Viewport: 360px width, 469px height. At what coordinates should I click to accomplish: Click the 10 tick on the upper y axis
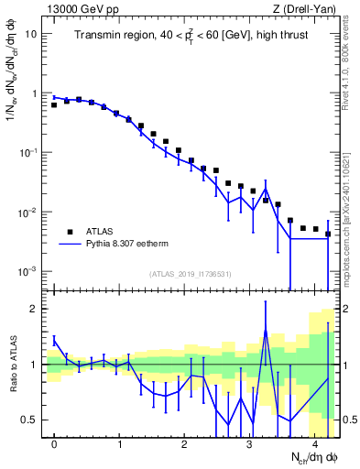(32, 34)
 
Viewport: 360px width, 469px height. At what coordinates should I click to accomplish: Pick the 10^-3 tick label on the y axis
(28, 271)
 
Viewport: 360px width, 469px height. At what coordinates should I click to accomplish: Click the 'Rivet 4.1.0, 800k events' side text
(351, 64)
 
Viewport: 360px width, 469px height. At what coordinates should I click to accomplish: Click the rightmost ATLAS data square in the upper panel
(328, 234)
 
